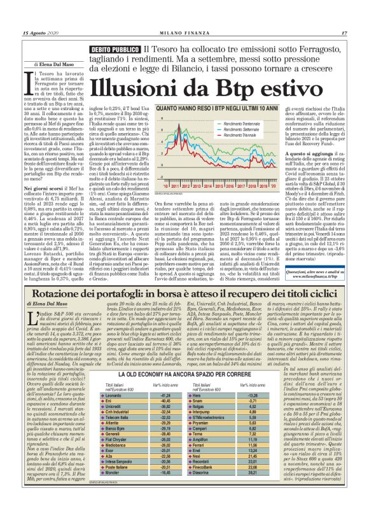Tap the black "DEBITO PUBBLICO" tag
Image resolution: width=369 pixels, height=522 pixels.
(115, 50)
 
